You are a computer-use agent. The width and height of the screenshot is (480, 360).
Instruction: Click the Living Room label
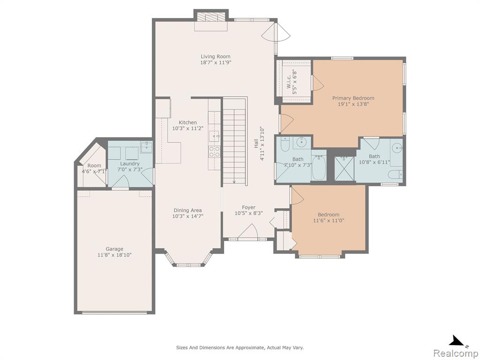tap(216, 56)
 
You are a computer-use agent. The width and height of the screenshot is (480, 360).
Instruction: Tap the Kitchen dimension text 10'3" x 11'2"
tap(187, 128)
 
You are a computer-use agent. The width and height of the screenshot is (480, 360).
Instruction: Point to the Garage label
tap(114, 249)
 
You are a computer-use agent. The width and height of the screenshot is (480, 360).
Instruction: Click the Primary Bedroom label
tap(353, 98)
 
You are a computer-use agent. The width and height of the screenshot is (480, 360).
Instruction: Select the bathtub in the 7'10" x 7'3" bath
tap(319, 168)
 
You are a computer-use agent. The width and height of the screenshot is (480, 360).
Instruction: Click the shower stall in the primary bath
tap(345, 168)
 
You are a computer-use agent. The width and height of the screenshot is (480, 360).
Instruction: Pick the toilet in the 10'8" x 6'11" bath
tap(395, 174)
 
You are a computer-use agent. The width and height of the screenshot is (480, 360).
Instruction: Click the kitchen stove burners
tap(214, 152)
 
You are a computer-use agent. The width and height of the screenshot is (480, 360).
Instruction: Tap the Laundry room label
tap(130, 164)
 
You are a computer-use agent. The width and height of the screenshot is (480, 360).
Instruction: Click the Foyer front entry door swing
tap(247, 232)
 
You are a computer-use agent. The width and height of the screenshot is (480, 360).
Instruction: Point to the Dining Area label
tap(187, 210)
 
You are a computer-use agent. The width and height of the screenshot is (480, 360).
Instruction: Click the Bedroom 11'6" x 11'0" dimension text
tap(329, 220)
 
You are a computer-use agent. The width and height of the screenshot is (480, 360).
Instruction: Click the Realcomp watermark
tap(456, 353)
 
